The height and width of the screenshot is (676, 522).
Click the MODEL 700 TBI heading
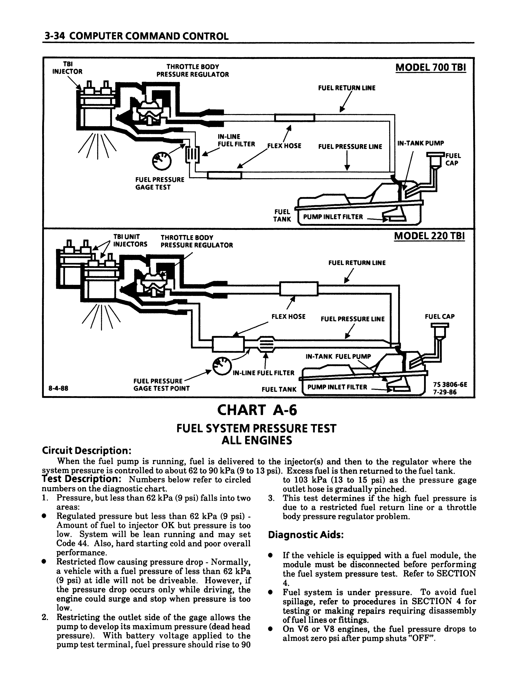coord(430,67)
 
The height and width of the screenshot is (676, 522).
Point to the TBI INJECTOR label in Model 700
coord(67,67)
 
